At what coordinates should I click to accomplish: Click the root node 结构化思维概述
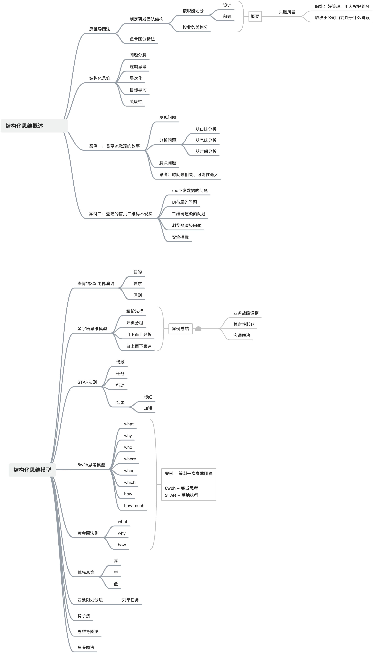point(24,126)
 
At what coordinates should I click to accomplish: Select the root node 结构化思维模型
point(32,470)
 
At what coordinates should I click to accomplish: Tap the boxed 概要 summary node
point(255,16)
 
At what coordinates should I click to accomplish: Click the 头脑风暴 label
point(287,12)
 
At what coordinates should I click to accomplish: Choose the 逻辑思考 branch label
point(138,67)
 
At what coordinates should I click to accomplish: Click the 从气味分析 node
point(206,140)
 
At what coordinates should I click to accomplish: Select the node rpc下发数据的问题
point(190,190)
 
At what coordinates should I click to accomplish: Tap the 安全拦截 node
point(180,237)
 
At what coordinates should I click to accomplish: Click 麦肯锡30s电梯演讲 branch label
point(96,283)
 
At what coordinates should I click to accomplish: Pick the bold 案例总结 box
point(180,329)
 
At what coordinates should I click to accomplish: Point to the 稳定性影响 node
point(244,324)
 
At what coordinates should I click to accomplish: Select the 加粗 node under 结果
point(148,408)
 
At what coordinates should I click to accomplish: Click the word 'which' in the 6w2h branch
point(130,482)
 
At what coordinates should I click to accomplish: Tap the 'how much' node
point(134,505)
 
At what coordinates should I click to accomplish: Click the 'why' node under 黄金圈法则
point(122,533)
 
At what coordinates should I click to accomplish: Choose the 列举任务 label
point(130,600)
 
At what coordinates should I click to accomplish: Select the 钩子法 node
point(84,616)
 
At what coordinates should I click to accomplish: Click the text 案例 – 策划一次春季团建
point(189,473)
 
